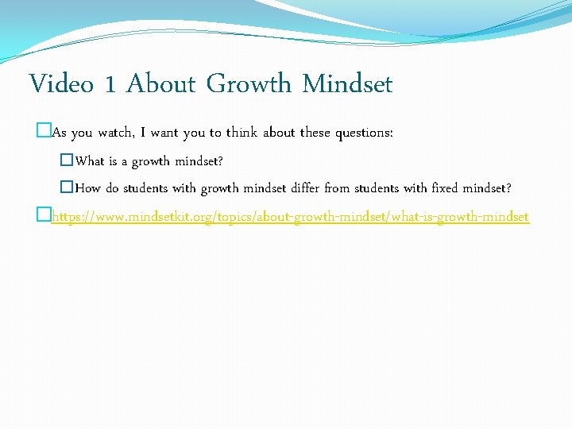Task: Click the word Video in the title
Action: pos(61,83)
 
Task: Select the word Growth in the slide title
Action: pos(249,83)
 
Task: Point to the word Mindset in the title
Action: pos(347,83)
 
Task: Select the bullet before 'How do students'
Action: pos(68,188)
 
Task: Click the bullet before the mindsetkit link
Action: pos(44,216)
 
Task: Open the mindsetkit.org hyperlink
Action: pos(290,216)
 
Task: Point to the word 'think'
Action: pos(242,133)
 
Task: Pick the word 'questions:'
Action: pos(363,133)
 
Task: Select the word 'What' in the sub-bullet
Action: pos(90,161)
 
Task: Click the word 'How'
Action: pos(87,188)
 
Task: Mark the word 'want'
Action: pos(164,133)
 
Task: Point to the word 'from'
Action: pos(338,188)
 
